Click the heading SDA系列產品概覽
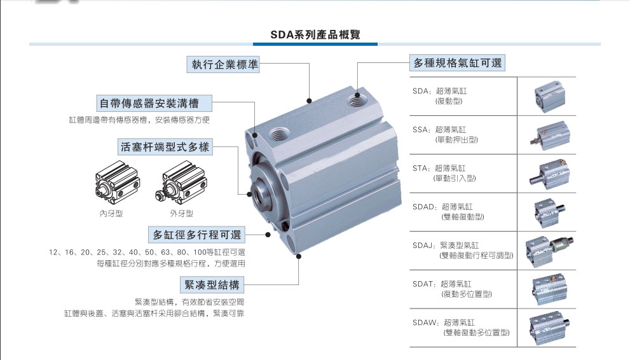315,34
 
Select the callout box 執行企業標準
223,64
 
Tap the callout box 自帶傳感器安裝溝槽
154,103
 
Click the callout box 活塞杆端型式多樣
165,147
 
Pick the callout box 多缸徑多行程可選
196,234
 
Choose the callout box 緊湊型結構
212,285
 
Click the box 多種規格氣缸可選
457,63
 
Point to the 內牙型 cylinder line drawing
118,183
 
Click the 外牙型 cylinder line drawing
182,183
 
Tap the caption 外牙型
181,213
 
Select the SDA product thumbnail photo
549,96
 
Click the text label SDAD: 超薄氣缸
442,207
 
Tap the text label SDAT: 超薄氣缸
442,284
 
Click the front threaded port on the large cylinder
279,134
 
